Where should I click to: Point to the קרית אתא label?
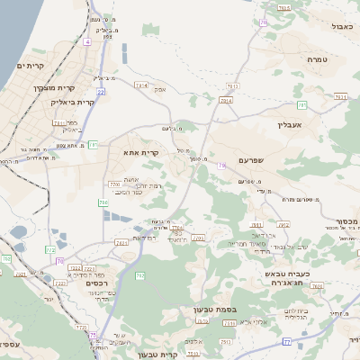(141, 153)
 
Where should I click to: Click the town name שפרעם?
(255, 159)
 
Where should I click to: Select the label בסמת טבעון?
(214, 310)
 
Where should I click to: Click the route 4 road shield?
(86, 41)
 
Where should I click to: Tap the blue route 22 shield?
(102, 91)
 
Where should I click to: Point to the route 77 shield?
(286, 341)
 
